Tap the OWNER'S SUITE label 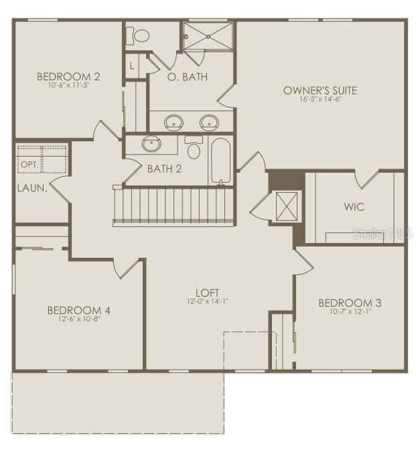(320, 90)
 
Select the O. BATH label (187, 77)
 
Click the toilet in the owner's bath (141, 35)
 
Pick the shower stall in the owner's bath (208, 35)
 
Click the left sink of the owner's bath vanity (174, 122)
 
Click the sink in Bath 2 (151, 143)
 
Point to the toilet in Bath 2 (194, 148)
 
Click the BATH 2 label (164, 169)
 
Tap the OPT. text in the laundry (29, 165)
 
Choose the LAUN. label (31, 189)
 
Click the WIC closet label (355, 207)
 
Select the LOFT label (208, 293)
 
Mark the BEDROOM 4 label (78, 310)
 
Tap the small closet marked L (132, 66)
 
